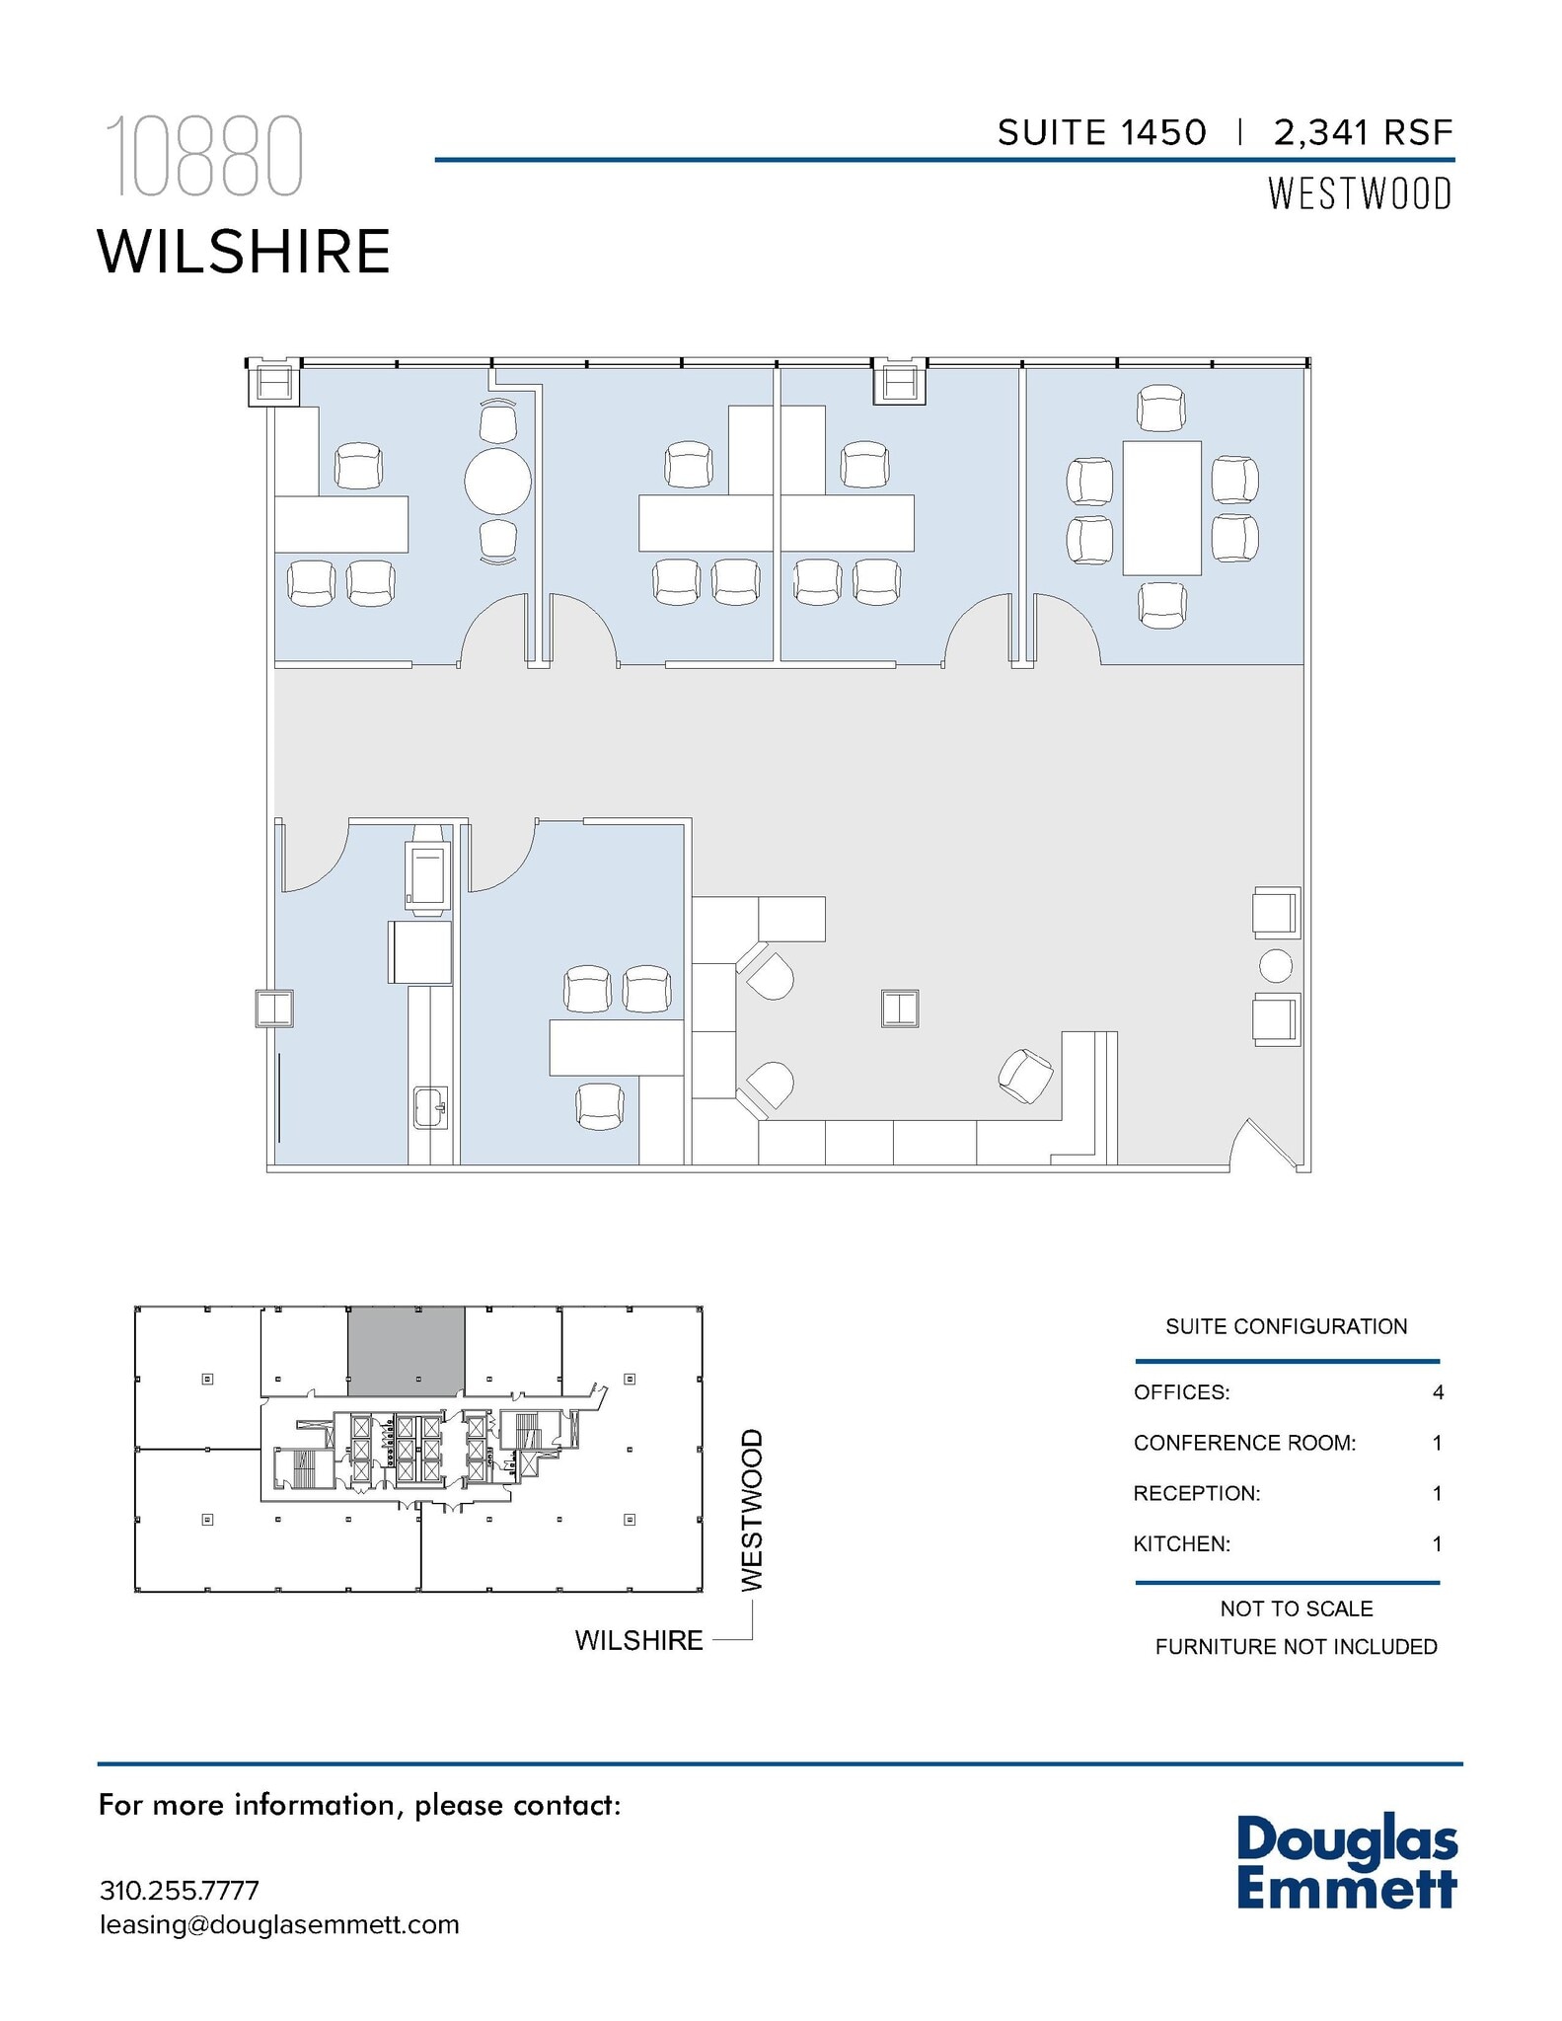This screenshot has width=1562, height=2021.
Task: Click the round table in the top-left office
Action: tap(497, 481)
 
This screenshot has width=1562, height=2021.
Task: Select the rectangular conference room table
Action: tap(1161, 507)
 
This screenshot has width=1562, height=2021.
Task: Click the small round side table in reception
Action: tap(1276, 965)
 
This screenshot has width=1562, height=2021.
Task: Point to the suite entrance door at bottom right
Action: tap(1265, 1145)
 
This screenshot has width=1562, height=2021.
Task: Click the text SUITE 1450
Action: tap(1101, 132)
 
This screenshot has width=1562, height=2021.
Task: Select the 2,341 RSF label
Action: tap(1364, 132)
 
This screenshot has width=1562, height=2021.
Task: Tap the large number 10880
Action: tap(203, 157)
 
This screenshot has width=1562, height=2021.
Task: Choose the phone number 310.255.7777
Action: tap(180, 1890)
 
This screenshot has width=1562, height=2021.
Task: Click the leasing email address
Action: tap(279, 1924)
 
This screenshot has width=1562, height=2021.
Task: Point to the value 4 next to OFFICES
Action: tap(1438, 1392)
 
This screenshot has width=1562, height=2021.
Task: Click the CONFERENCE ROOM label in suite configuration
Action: tap(1244, 1443)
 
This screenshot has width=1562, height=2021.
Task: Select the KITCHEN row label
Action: tap(1181, 1543)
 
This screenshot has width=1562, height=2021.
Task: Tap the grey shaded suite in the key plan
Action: tap(406, 1351)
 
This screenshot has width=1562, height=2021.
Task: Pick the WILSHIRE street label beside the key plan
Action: tap(638, 1640)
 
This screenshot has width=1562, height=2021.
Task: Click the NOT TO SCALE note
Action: tap(1296, 1609)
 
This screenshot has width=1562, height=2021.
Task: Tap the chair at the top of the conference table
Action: tap(1161, 409)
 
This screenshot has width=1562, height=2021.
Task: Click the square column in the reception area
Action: tap(900, 1009)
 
